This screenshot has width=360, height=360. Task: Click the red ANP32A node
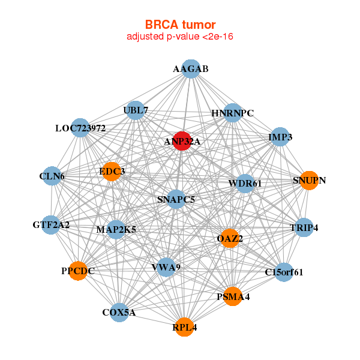coord(182,141)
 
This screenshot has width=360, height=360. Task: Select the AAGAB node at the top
coord(190,69)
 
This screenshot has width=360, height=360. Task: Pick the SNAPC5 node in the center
coord(176,199)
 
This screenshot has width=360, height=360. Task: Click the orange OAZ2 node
coord(230,238)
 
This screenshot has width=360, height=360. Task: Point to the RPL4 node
coord(185,327)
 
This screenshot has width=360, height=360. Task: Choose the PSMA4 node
coord(233,296)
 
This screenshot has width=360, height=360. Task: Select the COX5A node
coord(119,312)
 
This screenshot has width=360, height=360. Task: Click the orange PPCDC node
coord(77,271)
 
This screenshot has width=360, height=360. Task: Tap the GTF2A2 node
coord(51,225)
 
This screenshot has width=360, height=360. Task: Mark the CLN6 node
coord(52,176)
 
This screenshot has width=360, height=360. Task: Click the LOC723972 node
coord(80,128)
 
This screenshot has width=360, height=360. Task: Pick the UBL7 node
coord(136,110)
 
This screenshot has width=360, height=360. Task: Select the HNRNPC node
coord(232,113)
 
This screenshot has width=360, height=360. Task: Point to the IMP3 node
coord(280,137)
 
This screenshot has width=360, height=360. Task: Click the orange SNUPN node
coord(308,180)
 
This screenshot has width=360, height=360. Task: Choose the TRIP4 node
coord(304,227)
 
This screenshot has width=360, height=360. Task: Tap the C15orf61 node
coord(284,272)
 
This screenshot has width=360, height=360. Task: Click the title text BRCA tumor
coord(180,25)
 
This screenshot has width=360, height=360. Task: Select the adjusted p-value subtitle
coord(180,37)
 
